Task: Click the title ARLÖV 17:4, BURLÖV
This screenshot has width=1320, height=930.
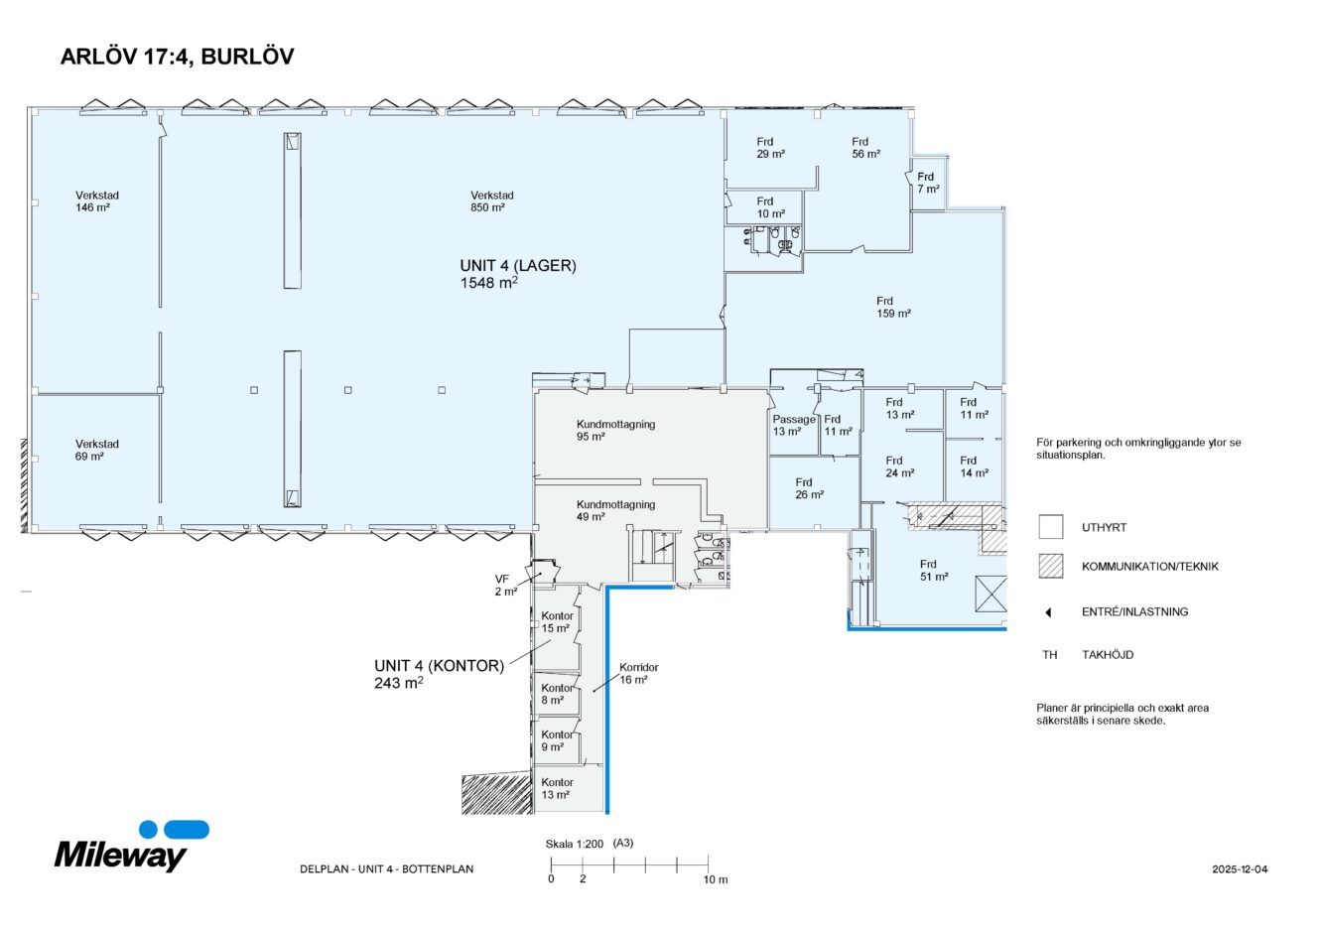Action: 177,57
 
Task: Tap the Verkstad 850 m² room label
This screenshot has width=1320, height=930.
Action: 492,201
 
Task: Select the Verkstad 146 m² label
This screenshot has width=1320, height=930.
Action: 96,201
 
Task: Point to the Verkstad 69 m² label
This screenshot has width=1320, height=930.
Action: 96,450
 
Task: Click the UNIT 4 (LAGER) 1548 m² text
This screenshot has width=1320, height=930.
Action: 517,273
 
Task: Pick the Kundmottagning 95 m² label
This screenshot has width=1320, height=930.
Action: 615,430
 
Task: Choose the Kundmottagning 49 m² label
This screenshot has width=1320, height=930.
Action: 615,510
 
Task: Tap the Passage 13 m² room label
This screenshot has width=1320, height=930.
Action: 793,425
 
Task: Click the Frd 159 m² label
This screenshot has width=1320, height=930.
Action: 892,307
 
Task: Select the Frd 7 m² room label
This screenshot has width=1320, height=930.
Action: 927,183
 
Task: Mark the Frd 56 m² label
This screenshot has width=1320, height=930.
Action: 865,148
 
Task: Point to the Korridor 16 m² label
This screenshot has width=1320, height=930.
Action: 638,673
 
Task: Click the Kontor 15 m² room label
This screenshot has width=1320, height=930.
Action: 557,621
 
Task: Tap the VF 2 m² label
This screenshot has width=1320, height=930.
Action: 505,585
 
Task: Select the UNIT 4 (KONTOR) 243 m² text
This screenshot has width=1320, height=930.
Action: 439,673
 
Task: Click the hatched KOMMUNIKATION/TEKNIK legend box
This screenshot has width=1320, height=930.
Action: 1050,567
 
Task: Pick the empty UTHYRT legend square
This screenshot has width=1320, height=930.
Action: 1050,527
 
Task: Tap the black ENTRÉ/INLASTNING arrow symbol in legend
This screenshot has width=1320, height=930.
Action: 1048,612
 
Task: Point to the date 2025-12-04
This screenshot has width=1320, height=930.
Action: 1240,869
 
